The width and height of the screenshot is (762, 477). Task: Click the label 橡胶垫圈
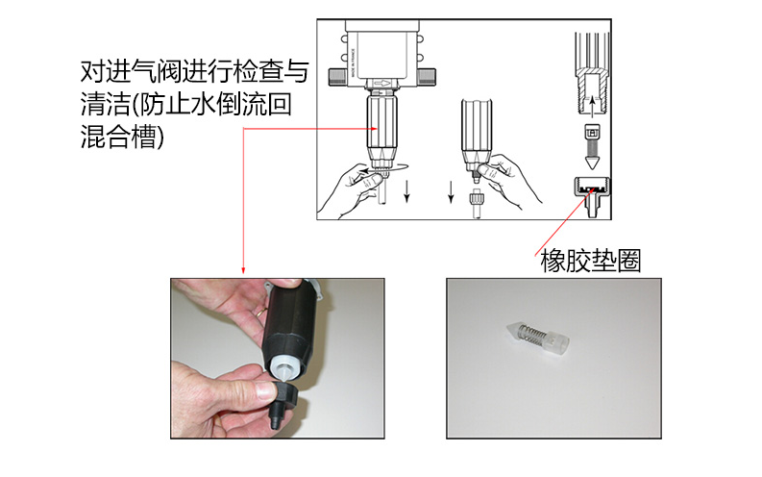pyautogui.click(x=591, y=262)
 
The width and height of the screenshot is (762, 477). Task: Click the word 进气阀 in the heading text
pyautogui.click(x=142, y=72)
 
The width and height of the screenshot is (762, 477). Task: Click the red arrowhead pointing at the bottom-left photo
pyautogui.click(x=243, y=270)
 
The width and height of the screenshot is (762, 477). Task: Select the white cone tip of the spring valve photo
pyautogui.click(x=513, y=329)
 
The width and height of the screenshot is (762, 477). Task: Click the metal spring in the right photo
pyautogui.click(x=532, y=334)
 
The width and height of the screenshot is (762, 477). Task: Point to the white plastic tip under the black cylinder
pyautogui.click(x=283, y=370)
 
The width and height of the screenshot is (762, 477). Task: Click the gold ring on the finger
pyautogui.click(x=261, y=312)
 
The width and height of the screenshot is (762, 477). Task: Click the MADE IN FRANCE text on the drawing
pyautogui.click(x=354, y=62)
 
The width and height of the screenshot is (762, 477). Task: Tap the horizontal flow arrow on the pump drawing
pyautogui.click(x=383, y=83)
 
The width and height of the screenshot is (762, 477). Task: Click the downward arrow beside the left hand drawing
pyautogui.click(x=406, y=191)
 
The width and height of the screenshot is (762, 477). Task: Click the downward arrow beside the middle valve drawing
pyautogui.click(x=451, y=191)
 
